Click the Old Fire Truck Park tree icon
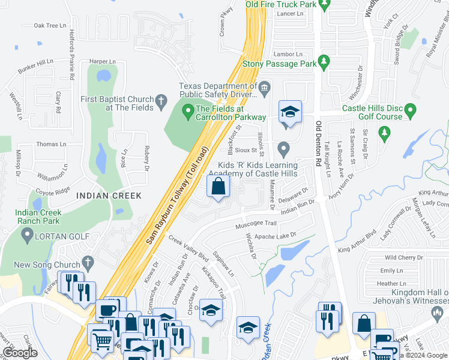pos(325,5)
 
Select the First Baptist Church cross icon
pos(161,103)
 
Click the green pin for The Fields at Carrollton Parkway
pos(188,109)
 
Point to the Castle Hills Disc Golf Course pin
pos(410,110)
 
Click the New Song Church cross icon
pos(88,263)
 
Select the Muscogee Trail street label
pos(255,223)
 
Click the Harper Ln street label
pos(102,61)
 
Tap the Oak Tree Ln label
pos(50,26)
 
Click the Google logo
pos(20,353)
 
